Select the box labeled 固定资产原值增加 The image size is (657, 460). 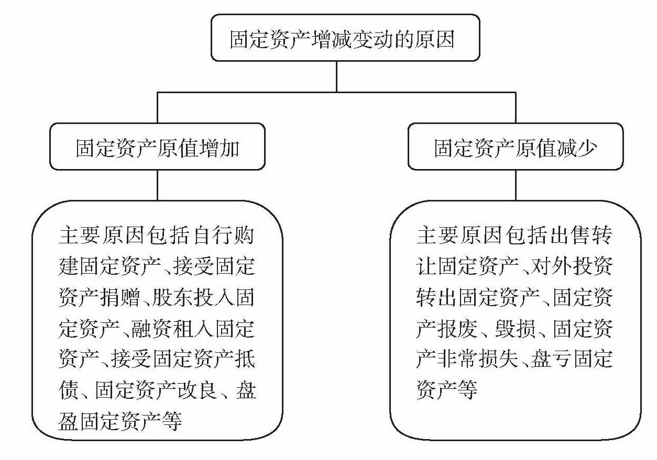[x=157, y=147]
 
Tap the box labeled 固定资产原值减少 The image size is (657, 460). [x=516, y=147]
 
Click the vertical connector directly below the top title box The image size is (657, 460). [x=336, y=76]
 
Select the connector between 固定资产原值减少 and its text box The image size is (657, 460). [x=516, y=185]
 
